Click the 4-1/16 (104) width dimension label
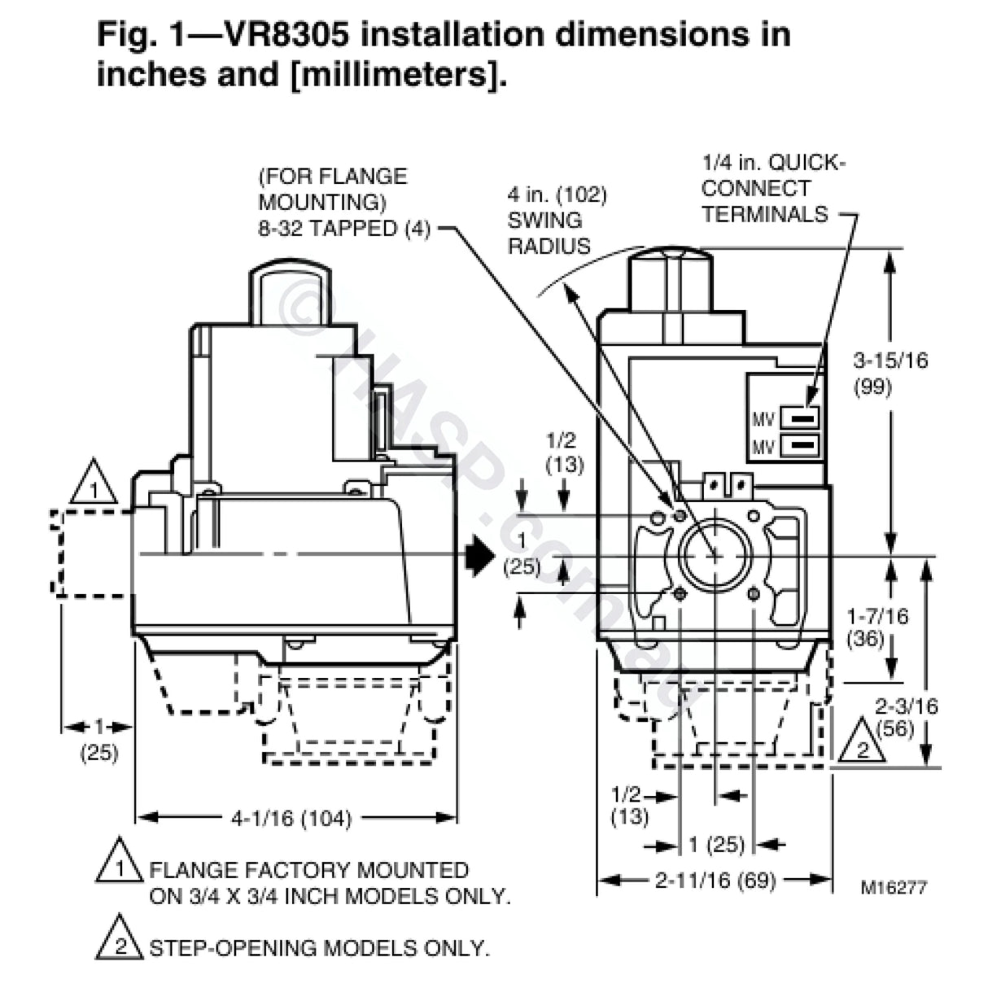point(291,818)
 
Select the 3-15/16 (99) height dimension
point(890,373)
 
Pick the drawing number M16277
point(894,887)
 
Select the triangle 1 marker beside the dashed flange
point(94,485)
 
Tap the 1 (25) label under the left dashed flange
point(99,738)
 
